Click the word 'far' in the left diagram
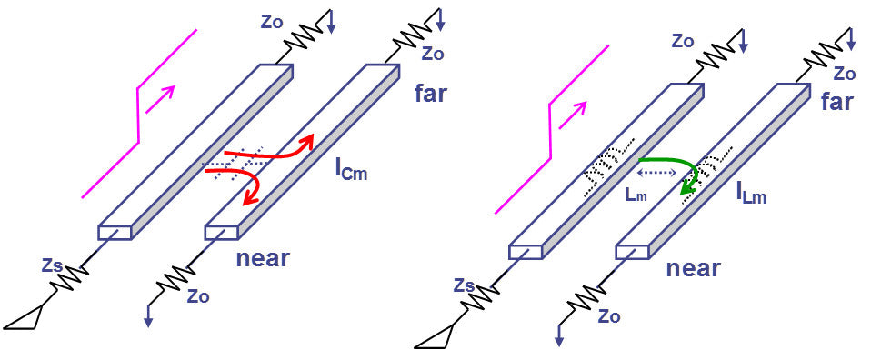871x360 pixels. (431, 92)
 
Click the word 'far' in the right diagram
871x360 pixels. (836, 101)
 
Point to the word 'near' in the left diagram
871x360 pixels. (262, 258)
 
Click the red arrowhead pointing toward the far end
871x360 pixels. (309, 138)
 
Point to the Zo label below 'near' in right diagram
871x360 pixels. (609, 315)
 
